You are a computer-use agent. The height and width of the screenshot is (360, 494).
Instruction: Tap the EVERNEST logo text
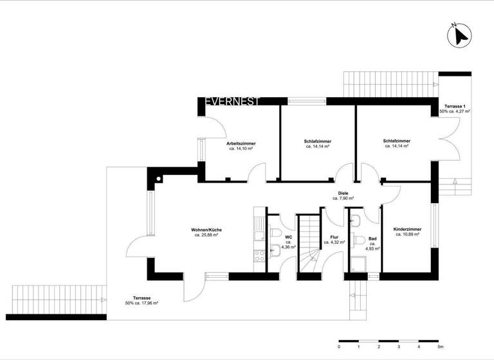click(x=232, y=102)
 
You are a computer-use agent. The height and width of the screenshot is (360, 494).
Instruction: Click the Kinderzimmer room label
click(x=407, y=229)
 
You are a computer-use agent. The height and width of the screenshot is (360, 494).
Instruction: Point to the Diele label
click(x=343, y=193)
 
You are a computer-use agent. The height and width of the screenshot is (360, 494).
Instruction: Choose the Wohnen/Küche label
click(x=206, y=230)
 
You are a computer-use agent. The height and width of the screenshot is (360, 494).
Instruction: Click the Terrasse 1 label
click(x=454, y=105)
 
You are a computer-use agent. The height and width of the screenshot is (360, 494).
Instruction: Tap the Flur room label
click(x=334, y=237)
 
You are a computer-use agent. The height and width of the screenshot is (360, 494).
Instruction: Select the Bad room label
click(x=372, y=237)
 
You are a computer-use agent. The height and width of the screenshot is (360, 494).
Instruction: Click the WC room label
click(x=289, y=237)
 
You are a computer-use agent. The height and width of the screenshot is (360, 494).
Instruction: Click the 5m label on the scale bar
click(x=439, y=346)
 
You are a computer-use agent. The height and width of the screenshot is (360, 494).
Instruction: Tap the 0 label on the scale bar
click(x=339, y=346)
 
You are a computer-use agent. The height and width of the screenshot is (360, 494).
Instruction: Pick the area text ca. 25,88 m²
click(x=206, y=236)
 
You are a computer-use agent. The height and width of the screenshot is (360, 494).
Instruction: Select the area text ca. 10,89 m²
click(x=407, y=235)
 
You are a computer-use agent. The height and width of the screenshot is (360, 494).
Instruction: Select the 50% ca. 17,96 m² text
click(x=142, y=304)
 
